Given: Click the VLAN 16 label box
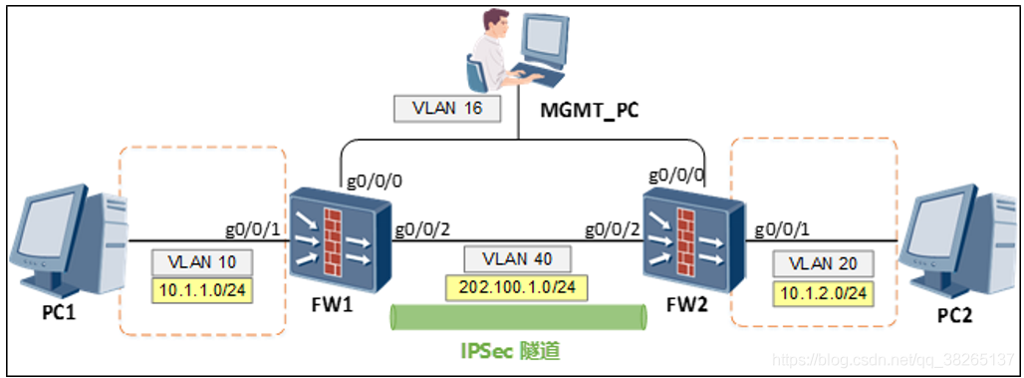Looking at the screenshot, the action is (447, 108).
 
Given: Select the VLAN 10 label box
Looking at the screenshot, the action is (202, 262).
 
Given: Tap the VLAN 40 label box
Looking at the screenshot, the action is (517, 259).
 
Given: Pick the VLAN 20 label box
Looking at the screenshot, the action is (822, 265).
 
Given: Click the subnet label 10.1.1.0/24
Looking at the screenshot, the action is (202, 290).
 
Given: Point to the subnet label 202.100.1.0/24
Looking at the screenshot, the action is (515, 288).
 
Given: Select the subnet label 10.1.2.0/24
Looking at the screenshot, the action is (822, 293).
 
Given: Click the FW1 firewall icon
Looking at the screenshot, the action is (340, 239).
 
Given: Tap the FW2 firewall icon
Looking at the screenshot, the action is (693, 242).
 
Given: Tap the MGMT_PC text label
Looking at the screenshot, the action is (589, 110).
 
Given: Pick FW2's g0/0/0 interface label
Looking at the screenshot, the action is (676, 176).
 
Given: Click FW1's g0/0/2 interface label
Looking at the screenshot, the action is (422, 228).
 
